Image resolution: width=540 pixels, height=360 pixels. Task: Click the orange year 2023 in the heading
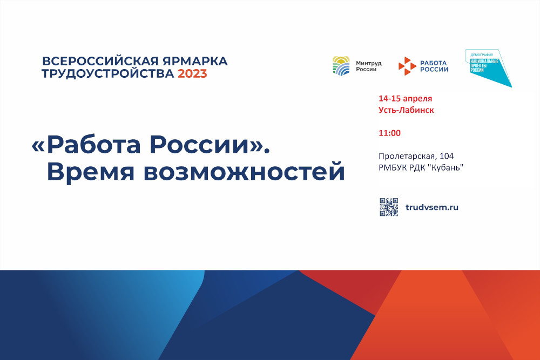click(192, 73)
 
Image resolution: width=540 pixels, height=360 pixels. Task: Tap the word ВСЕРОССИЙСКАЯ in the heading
click(100, 61)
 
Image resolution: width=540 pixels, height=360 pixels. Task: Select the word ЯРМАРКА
click(195, 61)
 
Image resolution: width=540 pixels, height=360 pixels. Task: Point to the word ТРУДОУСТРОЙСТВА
click(108, 73)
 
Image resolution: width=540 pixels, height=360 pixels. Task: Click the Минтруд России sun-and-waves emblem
click(341, 66)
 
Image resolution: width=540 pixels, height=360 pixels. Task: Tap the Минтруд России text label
click(368, 66)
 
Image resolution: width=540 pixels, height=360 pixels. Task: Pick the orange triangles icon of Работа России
click(407, 66)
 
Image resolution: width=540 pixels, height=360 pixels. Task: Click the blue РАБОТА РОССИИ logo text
click(434, 66)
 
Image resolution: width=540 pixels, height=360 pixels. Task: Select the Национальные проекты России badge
click(488, 67)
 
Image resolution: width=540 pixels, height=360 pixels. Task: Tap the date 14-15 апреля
click(405, 98)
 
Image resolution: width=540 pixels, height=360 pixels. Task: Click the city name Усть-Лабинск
click(406, 110)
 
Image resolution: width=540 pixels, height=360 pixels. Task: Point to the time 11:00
click(389, 133)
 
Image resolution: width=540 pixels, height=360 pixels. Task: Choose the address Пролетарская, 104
click(416, 157)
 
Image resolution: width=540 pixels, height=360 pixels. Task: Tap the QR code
click(389, 207)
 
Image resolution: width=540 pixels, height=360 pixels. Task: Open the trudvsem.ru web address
click(432, 207)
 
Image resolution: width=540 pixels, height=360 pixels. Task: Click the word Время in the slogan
click(91, 172)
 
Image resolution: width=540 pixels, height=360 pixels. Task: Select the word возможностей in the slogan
click(244, 172)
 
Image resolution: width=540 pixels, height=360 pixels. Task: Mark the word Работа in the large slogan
click(93, 145)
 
